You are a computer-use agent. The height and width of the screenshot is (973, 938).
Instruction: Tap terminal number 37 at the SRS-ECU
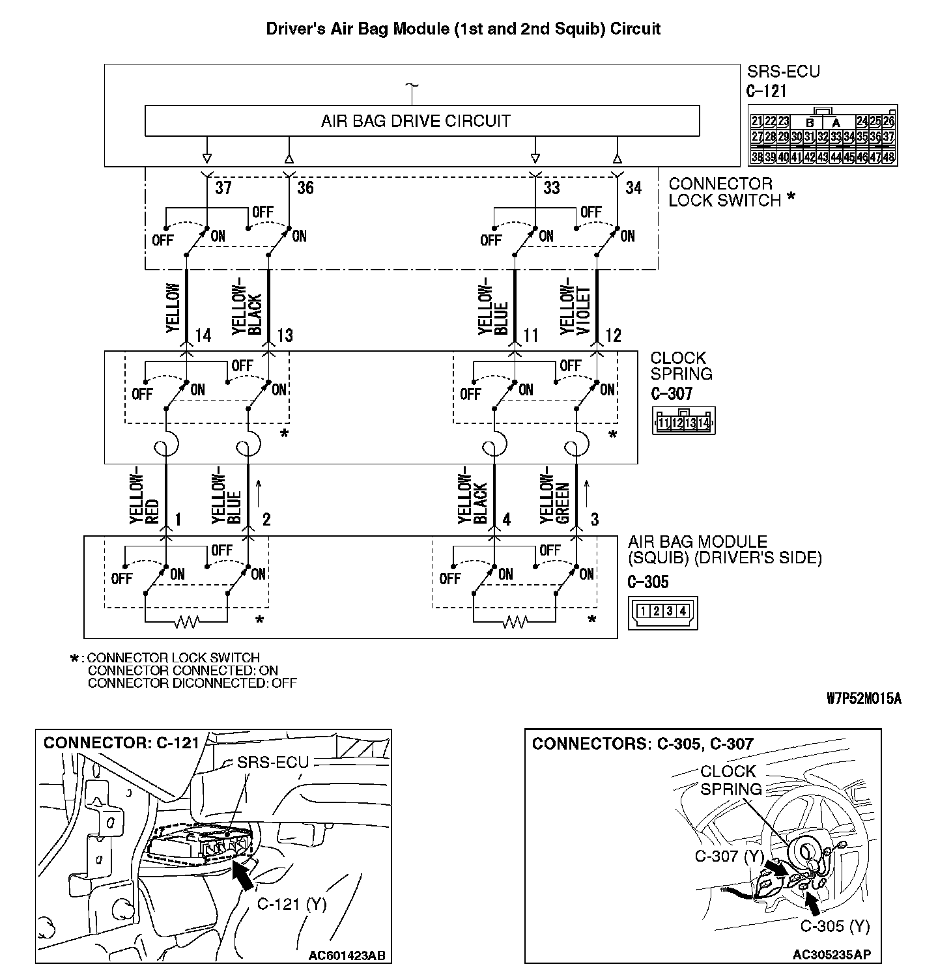pyautogui.click(x=223, y=188)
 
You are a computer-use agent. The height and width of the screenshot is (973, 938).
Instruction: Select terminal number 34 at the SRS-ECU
pyautogui.click(x=633, y=188)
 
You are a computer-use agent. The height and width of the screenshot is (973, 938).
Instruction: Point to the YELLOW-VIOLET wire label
pyautogui.click(x=576, y=310)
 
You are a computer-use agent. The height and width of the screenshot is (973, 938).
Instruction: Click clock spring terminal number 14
pyautogui.click(x=203, y=335)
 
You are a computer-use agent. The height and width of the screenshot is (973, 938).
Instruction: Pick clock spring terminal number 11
pyautogui.click(x=531, y=335)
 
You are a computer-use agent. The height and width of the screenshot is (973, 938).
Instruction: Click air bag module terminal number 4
pyautogui.click(x=506, y=519)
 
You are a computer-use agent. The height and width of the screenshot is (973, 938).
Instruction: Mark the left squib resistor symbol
pyautogui.click(x=186, y=623)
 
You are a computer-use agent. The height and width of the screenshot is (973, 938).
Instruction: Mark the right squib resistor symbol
pyautogui.click(x=515, y=623)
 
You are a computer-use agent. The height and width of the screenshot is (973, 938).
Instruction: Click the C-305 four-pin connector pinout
pyautogui.click(x=662, y=612)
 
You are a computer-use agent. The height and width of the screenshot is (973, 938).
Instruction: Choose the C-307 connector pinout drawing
pyautogui.click(x=683, y=421)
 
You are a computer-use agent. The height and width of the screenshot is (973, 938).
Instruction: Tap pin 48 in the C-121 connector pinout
pyautogui.click(x=889, y=157)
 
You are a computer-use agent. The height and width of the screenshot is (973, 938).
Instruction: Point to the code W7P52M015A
pyautogui.click(x=864, y=699)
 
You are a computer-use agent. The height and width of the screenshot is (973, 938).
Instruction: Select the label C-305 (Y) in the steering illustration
pyautogui.click(x=834, y=925)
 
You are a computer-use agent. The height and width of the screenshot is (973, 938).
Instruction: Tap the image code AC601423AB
pyautogui.click(x=347, y=955)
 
